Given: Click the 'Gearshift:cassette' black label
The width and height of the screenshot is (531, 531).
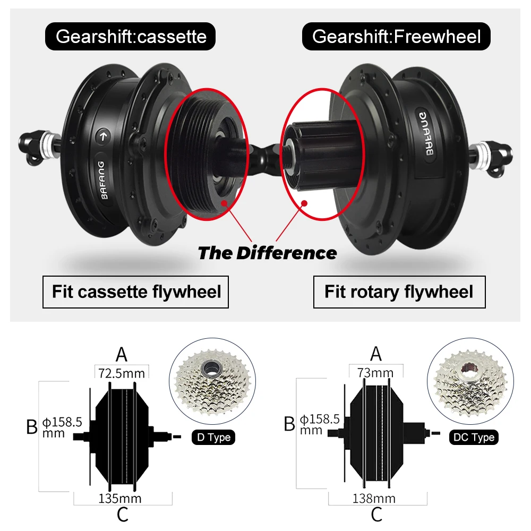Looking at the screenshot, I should tap(131, 37).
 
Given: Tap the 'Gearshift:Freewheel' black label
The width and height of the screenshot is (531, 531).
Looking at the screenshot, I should tap(396, 37).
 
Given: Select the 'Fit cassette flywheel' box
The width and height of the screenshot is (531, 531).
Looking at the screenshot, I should tap(136, 292).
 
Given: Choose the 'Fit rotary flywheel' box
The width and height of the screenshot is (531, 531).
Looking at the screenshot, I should tap(399, 292).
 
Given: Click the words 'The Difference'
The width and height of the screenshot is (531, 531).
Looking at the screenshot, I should tap(267, 253).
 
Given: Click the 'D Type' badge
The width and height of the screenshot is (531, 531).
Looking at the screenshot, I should tap(212, 438).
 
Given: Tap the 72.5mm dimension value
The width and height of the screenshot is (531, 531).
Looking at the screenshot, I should tap(122, 373).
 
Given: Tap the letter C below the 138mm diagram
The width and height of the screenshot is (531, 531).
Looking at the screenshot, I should tap(376, 514).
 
